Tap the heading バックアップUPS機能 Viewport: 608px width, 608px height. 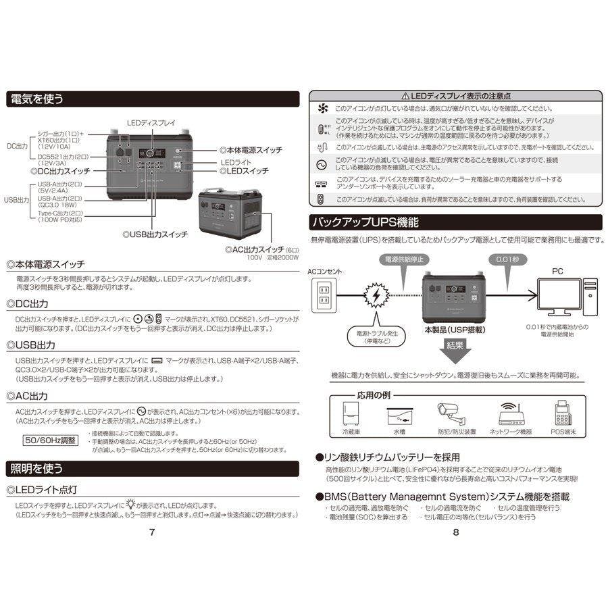[365, 222]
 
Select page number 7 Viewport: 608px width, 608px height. [152, 532]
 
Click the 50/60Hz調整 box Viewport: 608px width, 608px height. [51, 440]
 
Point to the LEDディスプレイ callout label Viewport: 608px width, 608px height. [151, 122]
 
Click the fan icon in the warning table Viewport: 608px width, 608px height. [322, 108]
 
